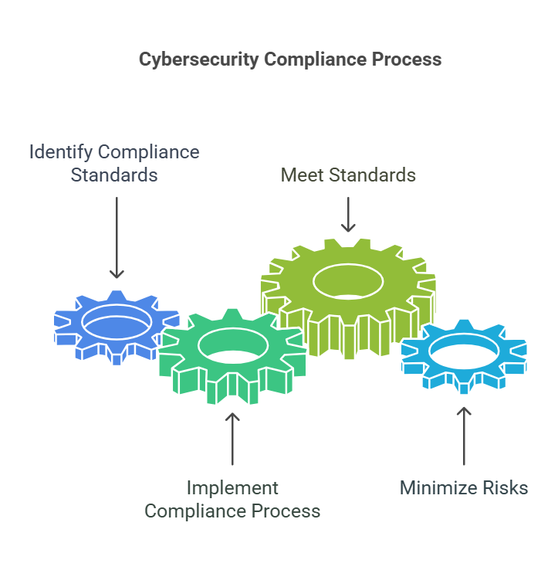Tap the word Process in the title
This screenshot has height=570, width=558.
408,59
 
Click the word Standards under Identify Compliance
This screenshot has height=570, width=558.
114,175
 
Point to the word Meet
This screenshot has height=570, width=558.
303,175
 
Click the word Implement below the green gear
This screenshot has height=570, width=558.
232,488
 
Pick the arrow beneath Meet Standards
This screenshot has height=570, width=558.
348,214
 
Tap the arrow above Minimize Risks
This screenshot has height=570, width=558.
463,436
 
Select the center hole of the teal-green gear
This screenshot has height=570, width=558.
232,344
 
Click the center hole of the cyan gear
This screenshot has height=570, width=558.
463,351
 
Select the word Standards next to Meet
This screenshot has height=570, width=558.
373,175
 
